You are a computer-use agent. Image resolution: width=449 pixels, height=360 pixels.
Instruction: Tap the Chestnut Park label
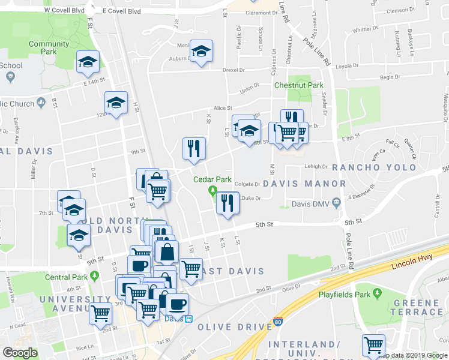pos(298,85)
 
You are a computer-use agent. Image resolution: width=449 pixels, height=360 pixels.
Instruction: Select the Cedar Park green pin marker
pos(211,191)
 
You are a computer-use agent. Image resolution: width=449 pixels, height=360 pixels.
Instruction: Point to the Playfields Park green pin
pos(377,293)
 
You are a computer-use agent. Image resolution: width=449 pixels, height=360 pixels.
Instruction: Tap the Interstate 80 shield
pos(277,322)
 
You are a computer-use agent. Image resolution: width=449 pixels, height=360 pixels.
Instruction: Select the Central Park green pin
pos(94,276)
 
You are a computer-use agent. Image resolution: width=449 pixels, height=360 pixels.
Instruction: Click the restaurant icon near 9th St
pos(194,148)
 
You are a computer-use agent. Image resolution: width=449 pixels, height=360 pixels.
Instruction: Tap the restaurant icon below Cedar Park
pos(228,203)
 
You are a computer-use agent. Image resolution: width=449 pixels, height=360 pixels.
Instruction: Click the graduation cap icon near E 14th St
pos(88,62)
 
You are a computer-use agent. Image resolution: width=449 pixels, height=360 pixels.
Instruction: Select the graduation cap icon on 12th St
pos(116,102)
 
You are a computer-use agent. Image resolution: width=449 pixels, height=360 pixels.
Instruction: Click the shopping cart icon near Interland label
pos(373,345)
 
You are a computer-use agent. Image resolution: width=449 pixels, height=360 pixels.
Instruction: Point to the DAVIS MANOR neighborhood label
pos(304,184)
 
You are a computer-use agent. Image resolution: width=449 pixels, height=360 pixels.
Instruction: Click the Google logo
pos(19,353)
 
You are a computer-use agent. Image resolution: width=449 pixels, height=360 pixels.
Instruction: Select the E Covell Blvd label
pos(121,11)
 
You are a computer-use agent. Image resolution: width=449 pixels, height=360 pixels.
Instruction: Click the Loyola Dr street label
pos(351,67)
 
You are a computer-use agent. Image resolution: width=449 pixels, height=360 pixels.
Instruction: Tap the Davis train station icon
pos(188,319)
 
